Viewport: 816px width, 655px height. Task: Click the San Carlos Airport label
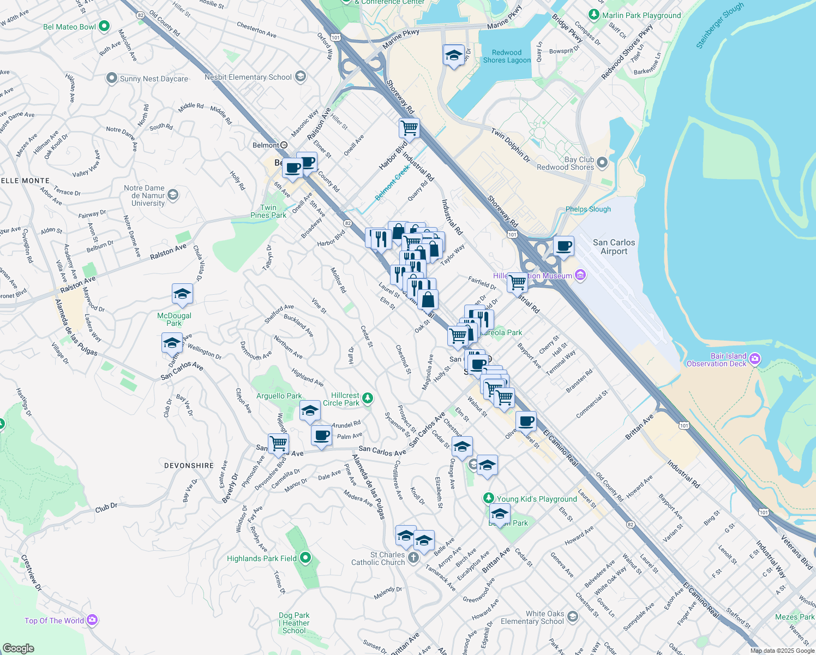tap(614, 247)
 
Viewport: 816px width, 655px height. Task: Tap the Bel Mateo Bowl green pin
tap(104, 26)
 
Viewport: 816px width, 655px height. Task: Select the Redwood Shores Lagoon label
tap(507, 56)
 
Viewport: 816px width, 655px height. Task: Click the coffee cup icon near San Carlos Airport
tap(563, 246)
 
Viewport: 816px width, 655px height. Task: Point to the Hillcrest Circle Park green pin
tap(368, 398)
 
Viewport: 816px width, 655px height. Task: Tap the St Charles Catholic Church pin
tap(413, 557)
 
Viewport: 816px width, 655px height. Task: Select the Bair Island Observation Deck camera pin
tap(755, 359)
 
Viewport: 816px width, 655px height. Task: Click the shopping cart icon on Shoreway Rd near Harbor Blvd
tap(409, 128)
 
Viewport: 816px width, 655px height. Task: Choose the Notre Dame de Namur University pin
tap(173, 195)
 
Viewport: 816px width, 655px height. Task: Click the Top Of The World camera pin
tap(92, 620)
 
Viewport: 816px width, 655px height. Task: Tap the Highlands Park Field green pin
tap(305, 558)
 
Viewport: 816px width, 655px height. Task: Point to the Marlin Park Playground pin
tap(594, 15)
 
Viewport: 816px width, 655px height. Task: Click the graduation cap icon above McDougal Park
tap(182, 294)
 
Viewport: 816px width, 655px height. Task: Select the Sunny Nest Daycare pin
tap(111, 79)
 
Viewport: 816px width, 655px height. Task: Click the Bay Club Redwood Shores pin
tap(602, 163)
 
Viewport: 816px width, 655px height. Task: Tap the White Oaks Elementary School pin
tap(572, 617)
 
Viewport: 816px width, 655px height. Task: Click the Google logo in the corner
tap(18, 648)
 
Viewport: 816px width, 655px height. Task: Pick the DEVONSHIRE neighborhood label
tap(189, 466)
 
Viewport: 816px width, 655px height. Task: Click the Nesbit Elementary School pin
tap(300, 77)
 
